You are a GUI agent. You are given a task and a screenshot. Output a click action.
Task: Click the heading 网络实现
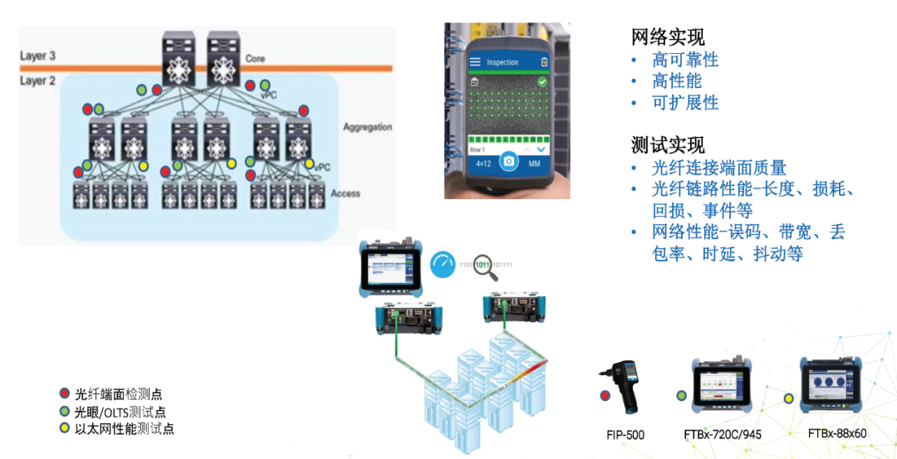click(x=668, y=37)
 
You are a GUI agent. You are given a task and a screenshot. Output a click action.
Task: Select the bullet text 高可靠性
click(x=685, y=60)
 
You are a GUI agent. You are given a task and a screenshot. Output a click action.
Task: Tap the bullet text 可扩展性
click(x=685, y=103)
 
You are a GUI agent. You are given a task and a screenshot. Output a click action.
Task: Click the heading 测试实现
click(x=668, y=144)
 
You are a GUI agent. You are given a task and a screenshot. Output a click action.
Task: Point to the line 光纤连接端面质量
click(x=719, y=168)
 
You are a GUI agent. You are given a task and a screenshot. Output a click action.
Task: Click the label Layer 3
click(x=38, y=56)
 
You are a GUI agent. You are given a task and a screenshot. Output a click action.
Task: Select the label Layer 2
click(x=38, y=81)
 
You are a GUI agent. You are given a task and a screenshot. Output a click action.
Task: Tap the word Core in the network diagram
click(x=255, y=59)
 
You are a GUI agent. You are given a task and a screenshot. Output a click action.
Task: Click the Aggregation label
click(x=367, y=127)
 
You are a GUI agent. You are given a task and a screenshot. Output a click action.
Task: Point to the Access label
click(x=346, y=193)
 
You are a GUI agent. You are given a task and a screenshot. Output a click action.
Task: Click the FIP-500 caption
click(x=625, y=435)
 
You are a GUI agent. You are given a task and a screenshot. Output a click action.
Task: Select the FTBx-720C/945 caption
click(x=722, y=434)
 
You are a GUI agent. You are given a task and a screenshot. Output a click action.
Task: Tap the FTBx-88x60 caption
click(x=836, y=433)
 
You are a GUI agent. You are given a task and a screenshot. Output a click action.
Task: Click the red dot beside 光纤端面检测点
click(x=65, y=393)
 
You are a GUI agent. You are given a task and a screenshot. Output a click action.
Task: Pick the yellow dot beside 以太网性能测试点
click(x=65, y=428)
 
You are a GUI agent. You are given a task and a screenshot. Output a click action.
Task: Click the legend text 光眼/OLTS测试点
click(x=120, y=412)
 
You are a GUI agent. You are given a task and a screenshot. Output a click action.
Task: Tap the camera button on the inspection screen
click(x=509, y=162)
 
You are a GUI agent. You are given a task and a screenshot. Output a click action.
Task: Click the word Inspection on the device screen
click(x=502, y=62)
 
